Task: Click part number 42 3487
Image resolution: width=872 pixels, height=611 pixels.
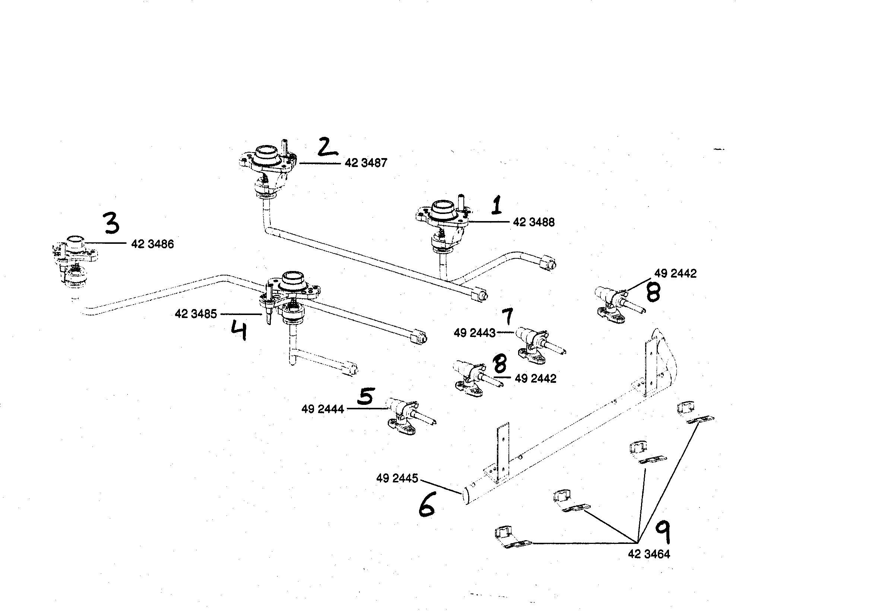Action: point(365,163)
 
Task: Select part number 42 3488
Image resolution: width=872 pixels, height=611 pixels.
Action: point(533,223)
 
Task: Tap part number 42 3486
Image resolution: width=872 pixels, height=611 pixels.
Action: point(152,244)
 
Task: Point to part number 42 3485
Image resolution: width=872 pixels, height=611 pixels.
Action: point(196,314)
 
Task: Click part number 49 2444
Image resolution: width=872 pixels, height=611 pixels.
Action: point(323,409)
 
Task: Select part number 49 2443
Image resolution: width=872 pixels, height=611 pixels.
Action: point(474,333)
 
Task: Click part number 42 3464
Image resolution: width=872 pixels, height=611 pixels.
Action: point(649,554)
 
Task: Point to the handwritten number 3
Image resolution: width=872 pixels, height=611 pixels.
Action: point(112,224)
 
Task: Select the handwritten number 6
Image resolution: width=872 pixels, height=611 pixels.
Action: point(427,504)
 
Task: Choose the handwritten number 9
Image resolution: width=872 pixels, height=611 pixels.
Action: point(662,532)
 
